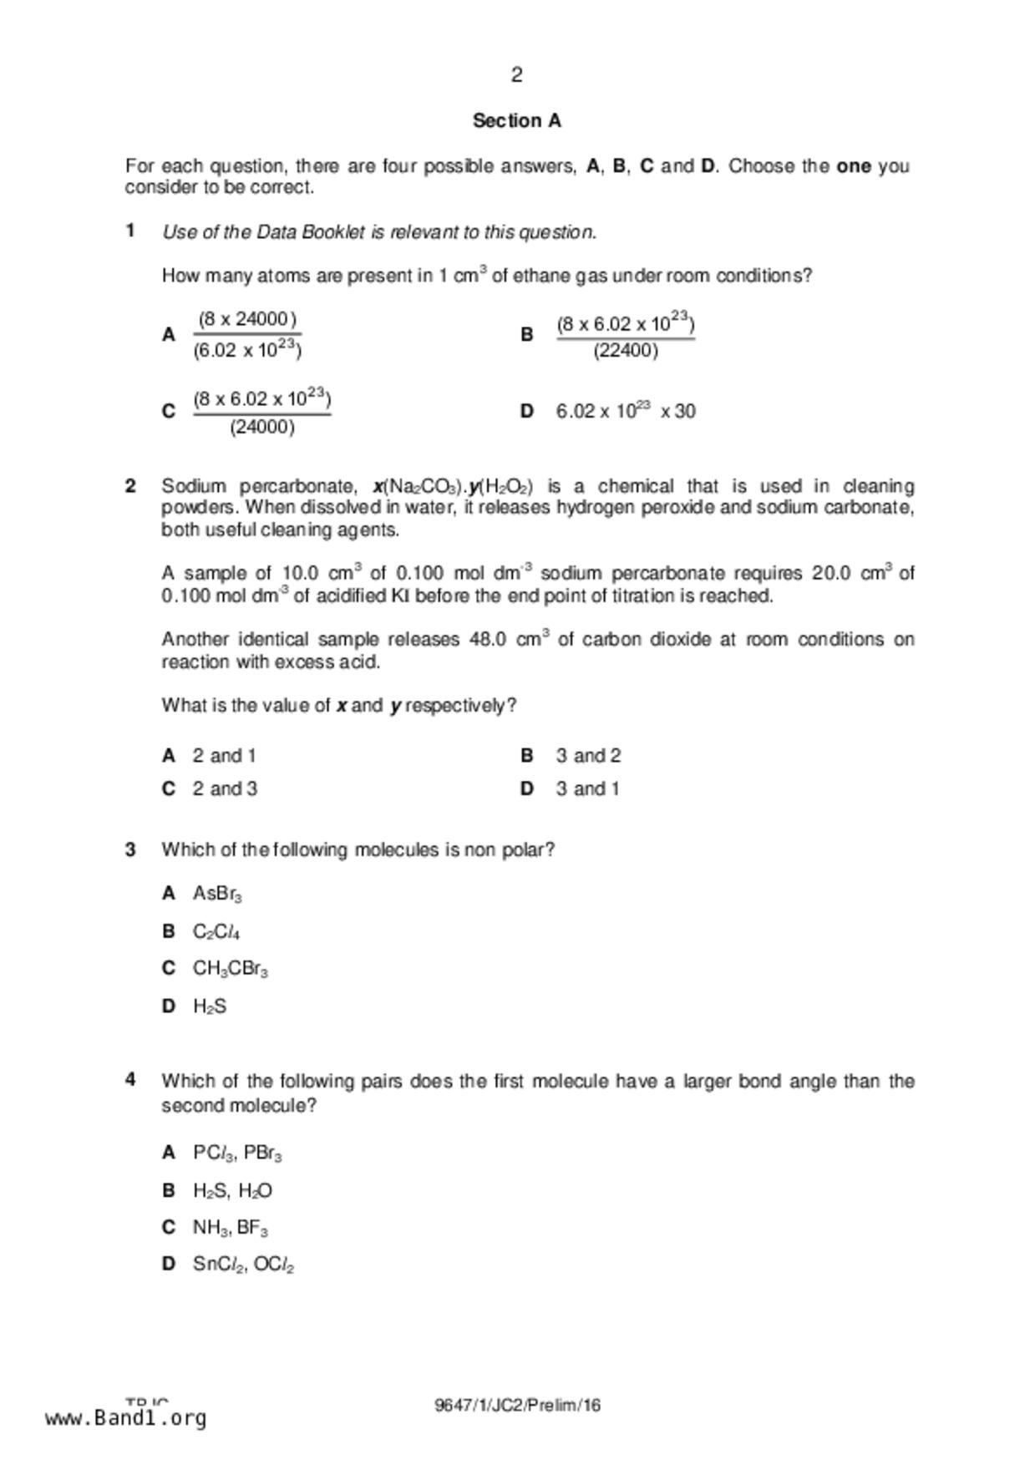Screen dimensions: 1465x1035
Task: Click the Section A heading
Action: click(516, 121)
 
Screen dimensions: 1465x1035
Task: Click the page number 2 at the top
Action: click(516, 75)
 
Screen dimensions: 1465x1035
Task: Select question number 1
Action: click(130, 231)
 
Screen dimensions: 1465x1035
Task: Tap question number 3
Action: click(130, 850)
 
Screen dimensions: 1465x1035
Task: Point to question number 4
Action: click(130, 1081)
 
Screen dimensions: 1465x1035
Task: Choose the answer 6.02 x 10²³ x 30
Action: click(625, 411)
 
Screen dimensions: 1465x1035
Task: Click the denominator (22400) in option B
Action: click(626, 351)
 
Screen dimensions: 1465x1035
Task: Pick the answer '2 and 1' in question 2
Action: click(224, 756)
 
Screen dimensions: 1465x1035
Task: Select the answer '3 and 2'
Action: click(588, 756)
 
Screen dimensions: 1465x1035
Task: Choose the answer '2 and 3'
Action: click(225, 789)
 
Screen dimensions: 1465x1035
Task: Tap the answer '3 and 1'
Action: click(587, 789)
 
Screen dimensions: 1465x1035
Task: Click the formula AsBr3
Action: click(217, 894)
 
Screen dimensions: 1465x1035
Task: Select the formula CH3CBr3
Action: click(230, 969)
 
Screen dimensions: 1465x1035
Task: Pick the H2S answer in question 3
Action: click(209, 1006)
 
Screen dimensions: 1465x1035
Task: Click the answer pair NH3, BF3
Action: click(230, 1228)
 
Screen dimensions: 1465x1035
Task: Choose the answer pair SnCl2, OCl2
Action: click(243, 1265)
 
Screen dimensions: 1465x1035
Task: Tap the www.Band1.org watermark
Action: click(125, 1418)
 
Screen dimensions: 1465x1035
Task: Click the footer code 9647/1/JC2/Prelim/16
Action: click(517, 1405)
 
